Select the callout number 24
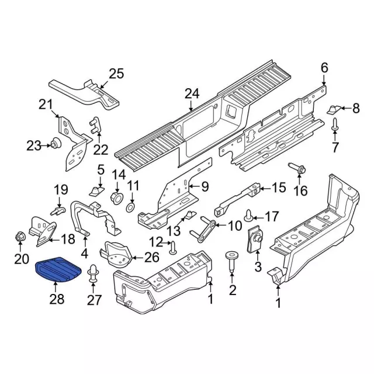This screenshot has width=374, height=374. tap(192, 93)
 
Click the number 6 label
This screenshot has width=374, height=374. tap(324, 68)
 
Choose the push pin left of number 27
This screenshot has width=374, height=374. tap(92, 275)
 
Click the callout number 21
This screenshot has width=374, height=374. tap(46, 105)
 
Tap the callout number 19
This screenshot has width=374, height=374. tap(61, 190)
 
